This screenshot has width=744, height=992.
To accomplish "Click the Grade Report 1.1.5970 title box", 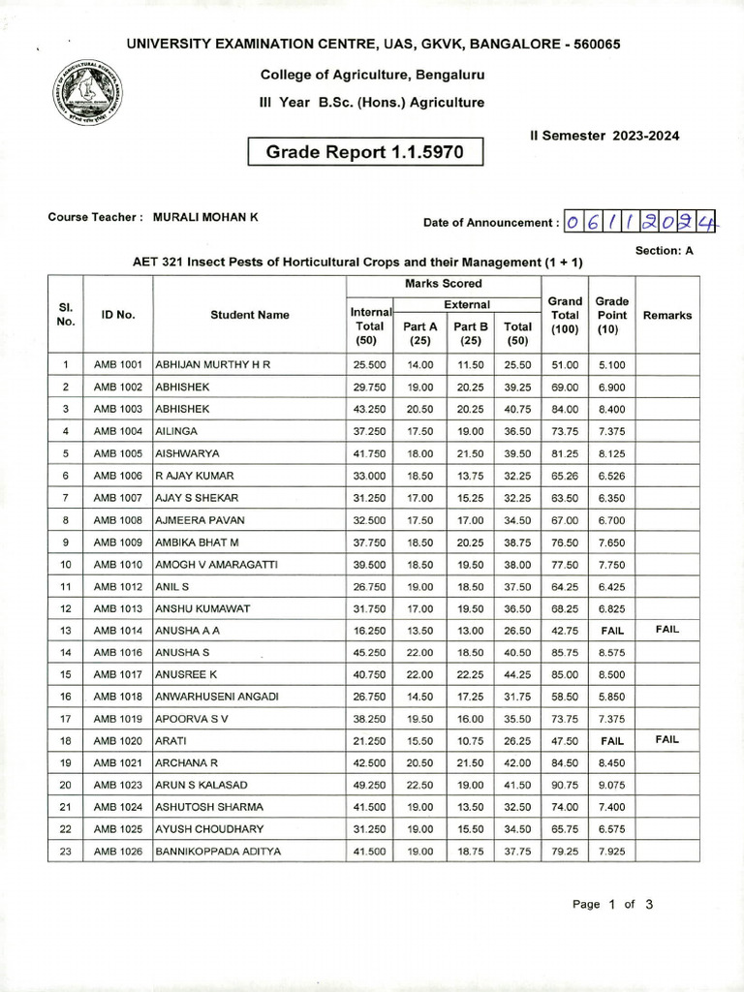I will [x=365, y=152].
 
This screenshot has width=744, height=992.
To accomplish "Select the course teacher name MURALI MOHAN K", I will [x=205, y=217].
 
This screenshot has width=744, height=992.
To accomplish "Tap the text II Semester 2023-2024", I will [x=604, y=136].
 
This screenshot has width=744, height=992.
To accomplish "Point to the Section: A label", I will [x=665, y=250].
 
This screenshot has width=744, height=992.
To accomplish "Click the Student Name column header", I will [x=249, y=315].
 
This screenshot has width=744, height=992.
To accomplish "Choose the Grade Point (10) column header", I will [x=611, y=315].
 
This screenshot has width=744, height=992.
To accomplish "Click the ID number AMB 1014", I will [x=118, y=630].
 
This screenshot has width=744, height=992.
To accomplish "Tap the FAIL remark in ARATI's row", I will [x=666, y=739].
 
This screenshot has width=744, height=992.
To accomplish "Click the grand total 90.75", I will [x=565, y=785].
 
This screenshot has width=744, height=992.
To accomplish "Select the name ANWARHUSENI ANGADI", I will [x=217, y=697].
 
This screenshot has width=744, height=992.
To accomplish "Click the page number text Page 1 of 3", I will [x=612, y=904].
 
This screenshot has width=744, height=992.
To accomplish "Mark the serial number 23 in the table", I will [x=65, y=852].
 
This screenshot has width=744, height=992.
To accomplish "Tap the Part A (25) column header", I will [x=419, y=333].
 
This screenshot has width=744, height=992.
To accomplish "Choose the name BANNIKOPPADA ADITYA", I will [x=218, y=852].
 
